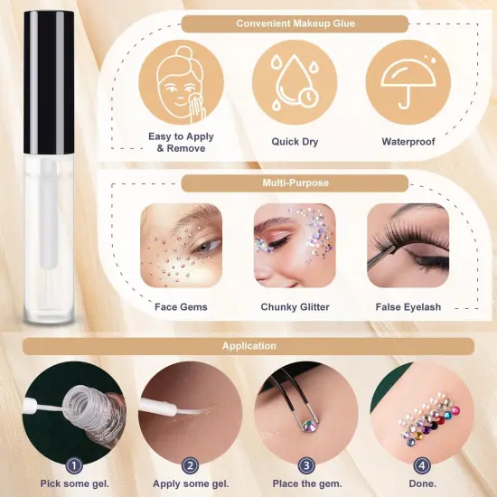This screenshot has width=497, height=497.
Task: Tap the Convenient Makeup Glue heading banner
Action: (x=295, y=24)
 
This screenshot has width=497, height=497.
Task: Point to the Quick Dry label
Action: (x=294, y=142)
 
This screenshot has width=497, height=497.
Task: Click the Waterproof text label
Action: (x=408, y=142)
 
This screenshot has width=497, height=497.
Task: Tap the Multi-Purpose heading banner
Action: (x=295, y=183)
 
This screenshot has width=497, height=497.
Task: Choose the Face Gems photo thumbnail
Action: (x=180, y=246)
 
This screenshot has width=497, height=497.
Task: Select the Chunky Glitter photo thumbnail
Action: (x=294, y=246)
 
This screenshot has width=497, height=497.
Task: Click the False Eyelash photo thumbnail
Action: (x=408, y=246)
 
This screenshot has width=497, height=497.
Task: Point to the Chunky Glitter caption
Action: (x=294, y=307)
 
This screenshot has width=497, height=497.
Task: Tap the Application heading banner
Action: (x=249, y=346)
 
